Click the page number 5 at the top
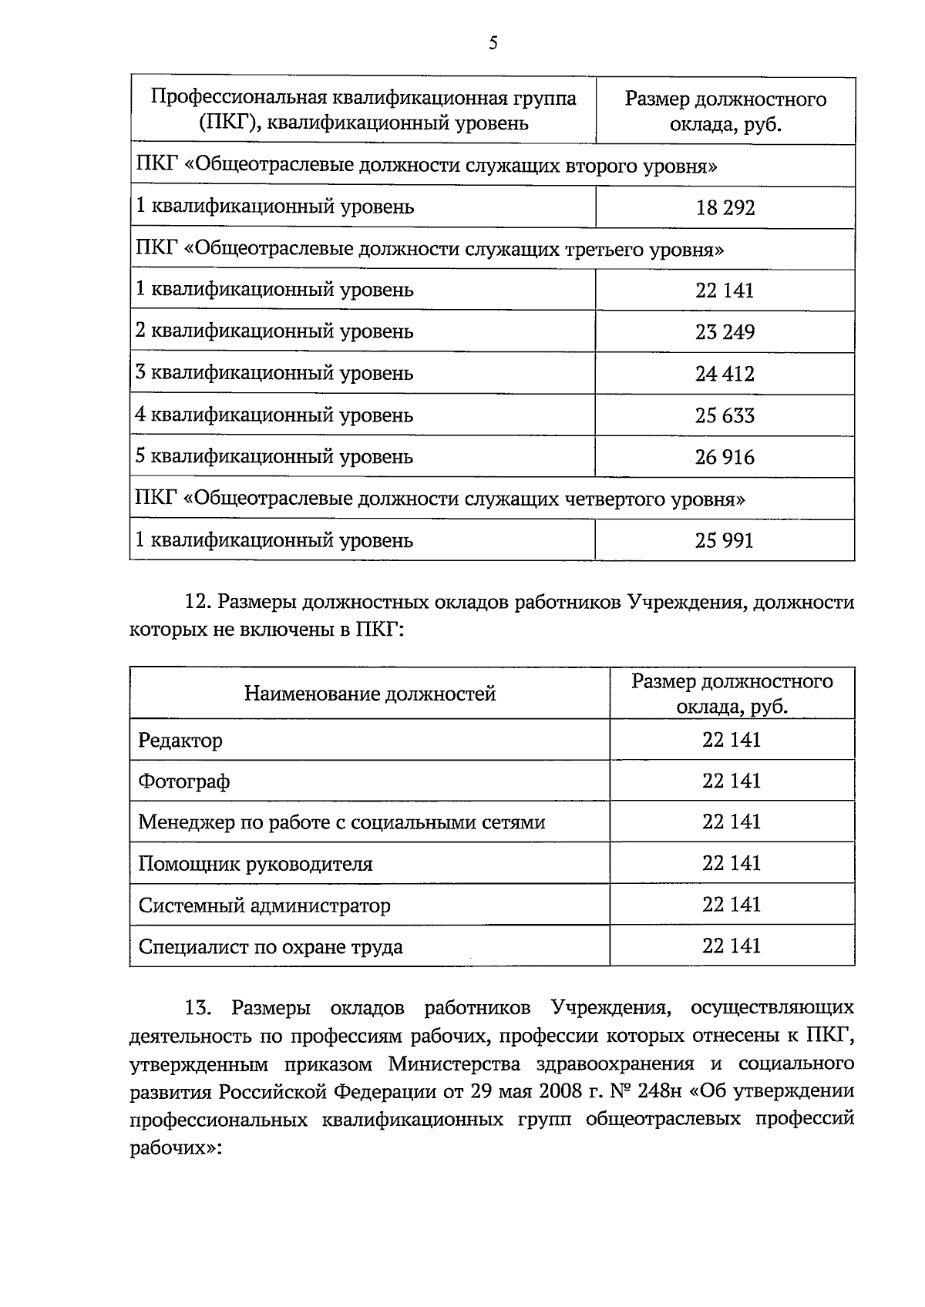pos(493,43)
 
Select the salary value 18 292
pos(725,208)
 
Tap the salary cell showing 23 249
pos(725,332)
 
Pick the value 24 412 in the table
pos(725,374)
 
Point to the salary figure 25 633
pos(725,415)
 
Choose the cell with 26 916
pos(725,457)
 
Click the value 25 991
pos(725,540)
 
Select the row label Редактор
pos(180,741)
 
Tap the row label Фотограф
pos(184,782)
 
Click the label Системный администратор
pos(264,905)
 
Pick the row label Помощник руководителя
pos(255,864)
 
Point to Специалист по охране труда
pos(271,947)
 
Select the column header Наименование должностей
pos(370,694)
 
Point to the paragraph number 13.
pos(197,1008)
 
